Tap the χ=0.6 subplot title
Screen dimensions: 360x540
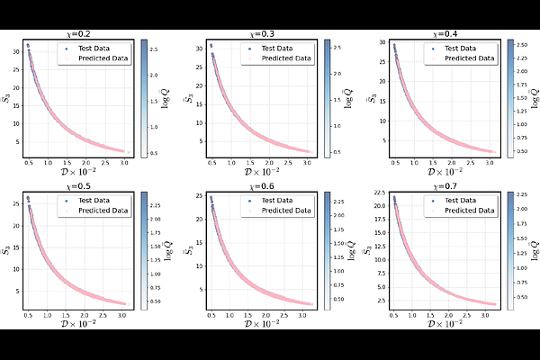(x=263, y=187)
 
